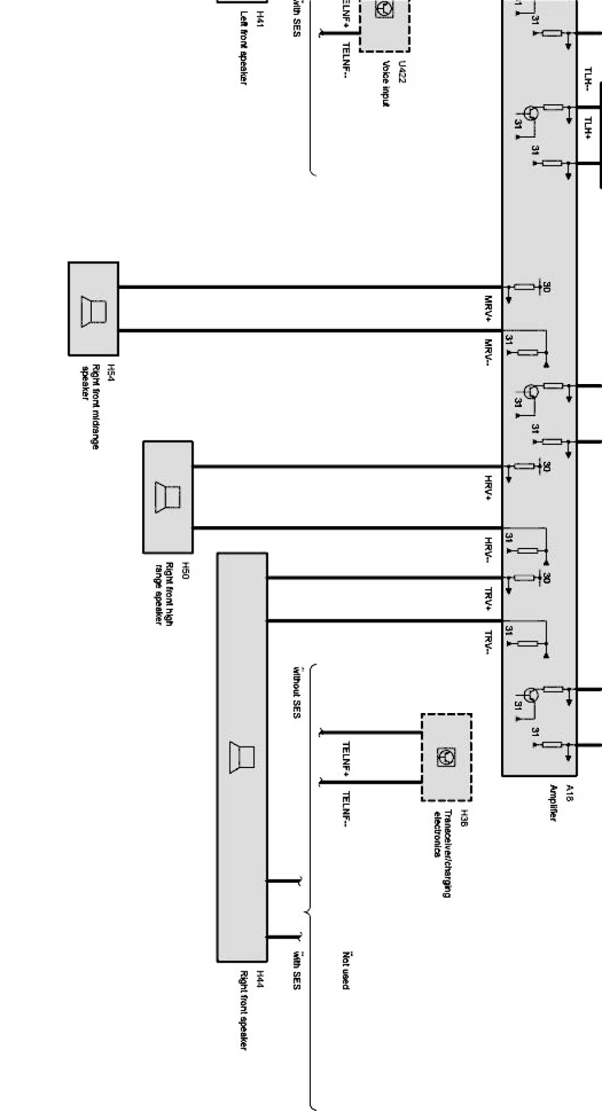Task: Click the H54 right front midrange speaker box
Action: pos(93,309)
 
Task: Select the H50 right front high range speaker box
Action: pos(168,497)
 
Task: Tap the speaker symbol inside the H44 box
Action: pos(242,758)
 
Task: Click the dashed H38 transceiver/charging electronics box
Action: pos(446,757)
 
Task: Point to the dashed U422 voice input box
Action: pos(384,23)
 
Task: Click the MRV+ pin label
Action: pos(489,309)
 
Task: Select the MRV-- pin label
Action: pos(489,352)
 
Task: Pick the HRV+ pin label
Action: pos(489,489)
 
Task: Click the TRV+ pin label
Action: pos(489,599)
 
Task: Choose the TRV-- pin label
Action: pos(489,642)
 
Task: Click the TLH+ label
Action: pos(588,128)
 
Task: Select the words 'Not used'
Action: pos(346,970)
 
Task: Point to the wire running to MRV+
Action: pos(308,287)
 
